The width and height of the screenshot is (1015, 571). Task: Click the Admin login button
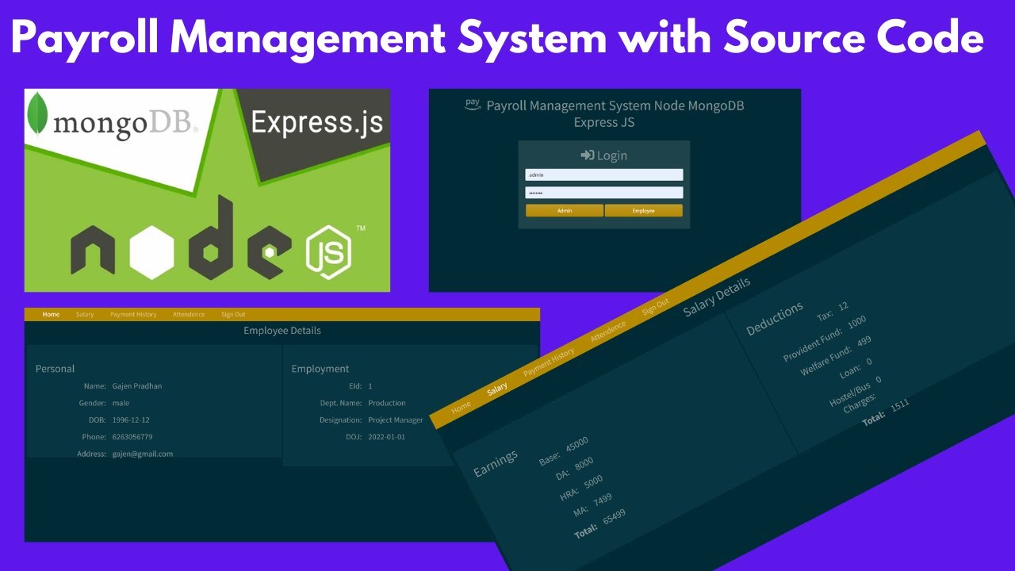[565, 210]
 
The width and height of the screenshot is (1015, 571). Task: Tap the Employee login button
[643, 210]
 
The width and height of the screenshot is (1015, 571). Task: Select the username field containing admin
[603, 174]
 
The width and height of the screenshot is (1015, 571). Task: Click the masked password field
[603, 193]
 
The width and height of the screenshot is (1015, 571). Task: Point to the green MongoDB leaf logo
[36, 114]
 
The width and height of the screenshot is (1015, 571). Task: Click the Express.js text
[316, 122]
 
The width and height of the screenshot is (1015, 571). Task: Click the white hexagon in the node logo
[151, 251]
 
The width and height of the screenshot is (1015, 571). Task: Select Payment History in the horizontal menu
[133, 315]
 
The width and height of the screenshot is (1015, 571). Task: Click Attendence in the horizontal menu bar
[189, 315]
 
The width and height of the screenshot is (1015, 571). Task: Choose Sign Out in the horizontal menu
[233, 315]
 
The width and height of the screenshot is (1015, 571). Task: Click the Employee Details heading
[282, 331]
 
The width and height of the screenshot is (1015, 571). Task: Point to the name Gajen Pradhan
[137, 386]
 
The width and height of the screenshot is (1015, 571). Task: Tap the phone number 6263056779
[132, 437]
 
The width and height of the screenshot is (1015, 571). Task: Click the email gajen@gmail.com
[143, 454]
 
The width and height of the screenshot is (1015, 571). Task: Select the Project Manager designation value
[396, 420]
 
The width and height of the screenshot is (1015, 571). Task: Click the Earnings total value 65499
[614, 516]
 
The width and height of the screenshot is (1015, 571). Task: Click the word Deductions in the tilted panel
[775, 319]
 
